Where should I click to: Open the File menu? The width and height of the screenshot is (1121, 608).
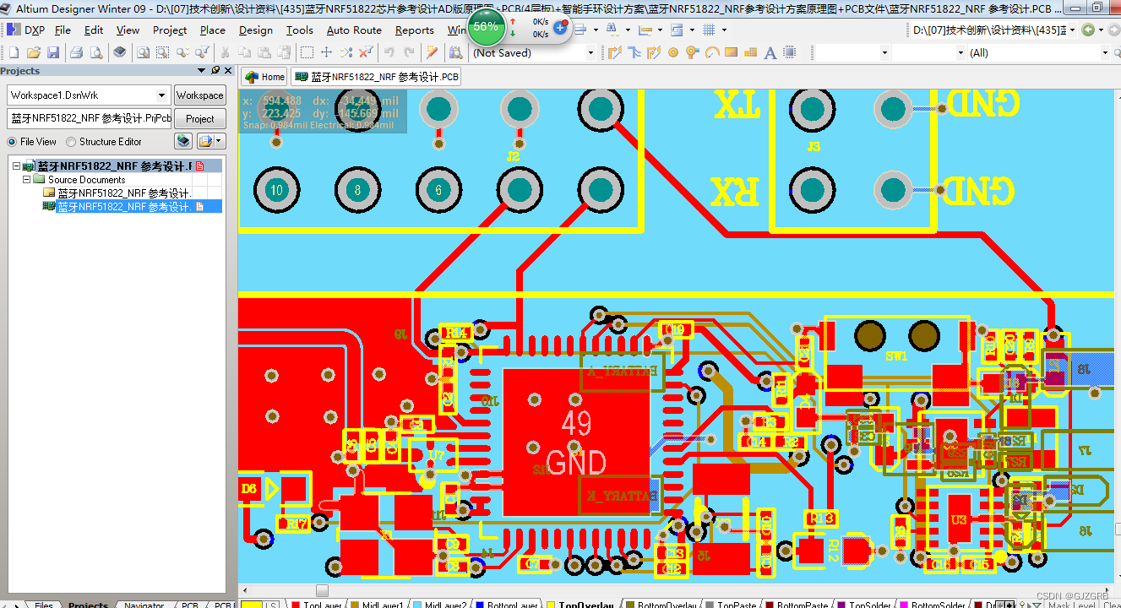(x=63, y=30)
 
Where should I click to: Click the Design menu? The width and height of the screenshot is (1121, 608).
(x=255, y=30)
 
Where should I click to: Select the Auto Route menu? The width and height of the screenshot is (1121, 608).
(x=354, y=30)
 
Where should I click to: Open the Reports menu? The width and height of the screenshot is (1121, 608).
(x=414, y=30)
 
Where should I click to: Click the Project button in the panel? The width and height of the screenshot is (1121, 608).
(x=200, y=118)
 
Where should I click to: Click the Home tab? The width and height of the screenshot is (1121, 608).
(x=265, y=77)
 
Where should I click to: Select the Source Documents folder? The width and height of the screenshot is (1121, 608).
(x=86, y=180)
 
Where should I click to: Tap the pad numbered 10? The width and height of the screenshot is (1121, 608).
(x=276, y=190)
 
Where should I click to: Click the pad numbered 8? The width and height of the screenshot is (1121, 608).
(x=358, y=190)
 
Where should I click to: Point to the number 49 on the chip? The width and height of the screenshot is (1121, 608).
(x=576, y=424)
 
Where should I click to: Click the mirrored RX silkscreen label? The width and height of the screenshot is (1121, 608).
(x=734, y=191)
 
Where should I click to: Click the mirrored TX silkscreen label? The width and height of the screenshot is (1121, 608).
(x=737, y=106)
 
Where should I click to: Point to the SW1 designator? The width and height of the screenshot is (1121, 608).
(x=895, y=356)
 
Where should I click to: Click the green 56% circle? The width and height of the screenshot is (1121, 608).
(x=486, y=26)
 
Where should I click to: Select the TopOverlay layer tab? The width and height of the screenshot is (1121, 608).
(x=585, y=605)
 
